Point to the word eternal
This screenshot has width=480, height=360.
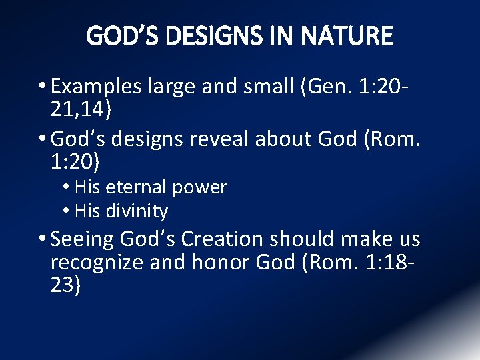tap(137, 187)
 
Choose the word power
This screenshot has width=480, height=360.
tap(200, 187)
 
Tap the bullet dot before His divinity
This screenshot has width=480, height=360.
tap(69, 211)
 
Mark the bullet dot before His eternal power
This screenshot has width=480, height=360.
tap(69, 187)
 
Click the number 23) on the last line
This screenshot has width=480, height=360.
tap(65, 285)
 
